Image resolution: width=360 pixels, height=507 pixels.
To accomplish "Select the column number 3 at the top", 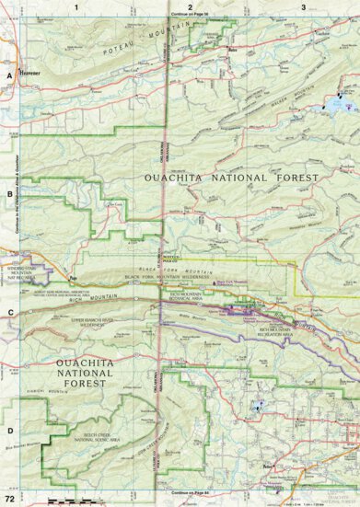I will (303, 6).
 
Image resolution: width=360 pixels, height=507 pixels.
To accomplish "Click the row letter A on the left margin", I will (9, 76).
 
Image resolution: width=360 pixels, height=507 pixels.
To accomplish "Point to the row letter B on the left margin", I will (9, 194).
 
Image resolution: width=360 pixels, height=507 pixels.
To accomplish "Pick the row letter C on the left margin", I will (9, 311).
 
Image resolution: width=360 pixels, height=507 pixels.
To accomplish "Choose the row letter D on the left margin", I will (9, 430).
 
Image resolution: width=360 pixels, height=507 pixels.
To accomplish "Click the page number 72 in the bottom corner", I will (8, 498).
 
